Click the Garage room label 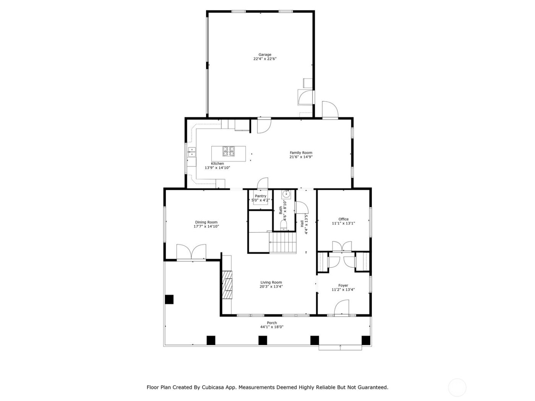click(x=264, y=55)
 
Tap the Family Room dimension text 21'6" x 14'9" click(x=301, y=157)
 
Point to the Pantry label click(x=260, y=196)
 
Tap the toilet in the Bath click(x=284, y=225)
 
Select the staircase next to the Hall click(x=283, y=243)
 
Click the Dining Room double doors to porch click(x=191, y=252)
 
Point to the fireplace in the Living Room click(x=228, y=285)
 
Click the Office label click(x=343, y=219)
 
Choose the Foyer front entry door click(x=341, y=308)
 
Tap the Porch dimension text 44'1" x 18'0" click(x=272, y=327)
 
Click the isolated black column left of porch click(x=169, y=299)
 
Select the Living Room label click(x=271, y=283)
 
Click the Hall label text click(x=302, y=223)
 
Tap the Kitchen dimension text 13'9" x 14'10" click(x=217, y=168)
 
